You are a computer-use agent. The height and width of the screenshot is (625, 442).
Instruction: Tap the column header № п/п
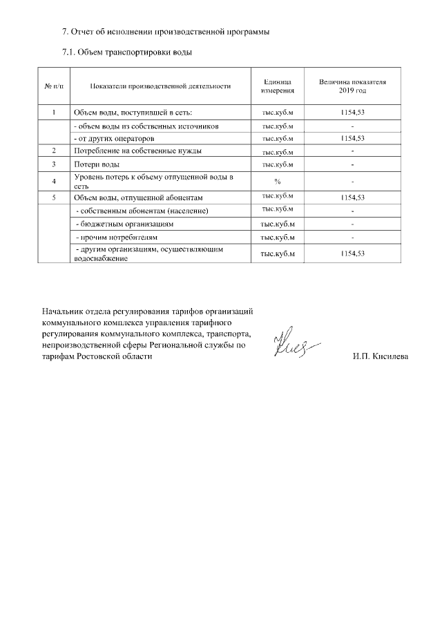54,86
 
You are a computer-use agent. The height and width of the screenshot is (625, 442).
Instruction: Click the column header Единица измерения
278,86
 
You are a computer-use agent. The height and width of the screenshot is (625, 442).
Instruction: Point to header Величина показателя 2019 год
352,86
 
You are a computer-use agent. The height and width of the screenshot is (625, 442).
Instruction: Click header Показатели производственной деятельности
160,86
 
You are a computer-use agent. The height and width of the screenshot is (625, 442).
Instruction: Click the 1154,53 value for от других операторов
352,138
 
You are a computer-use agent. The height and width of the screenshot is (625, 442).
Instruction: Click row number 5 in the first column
54,198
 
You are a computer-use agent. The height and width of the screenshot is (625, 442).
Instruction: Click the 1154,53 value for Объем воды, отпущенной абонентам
352,198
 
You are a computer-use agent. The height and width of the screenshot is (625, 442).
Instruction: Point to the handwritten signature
294,345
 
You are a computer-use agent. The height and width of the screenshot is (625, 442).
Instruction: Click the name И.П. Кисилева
380,357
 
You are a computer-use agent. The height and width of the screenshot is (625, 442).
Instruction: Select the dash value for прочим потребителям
352,238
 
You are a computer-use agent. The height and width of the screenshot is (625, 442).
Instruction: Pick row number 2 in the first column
54,151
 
